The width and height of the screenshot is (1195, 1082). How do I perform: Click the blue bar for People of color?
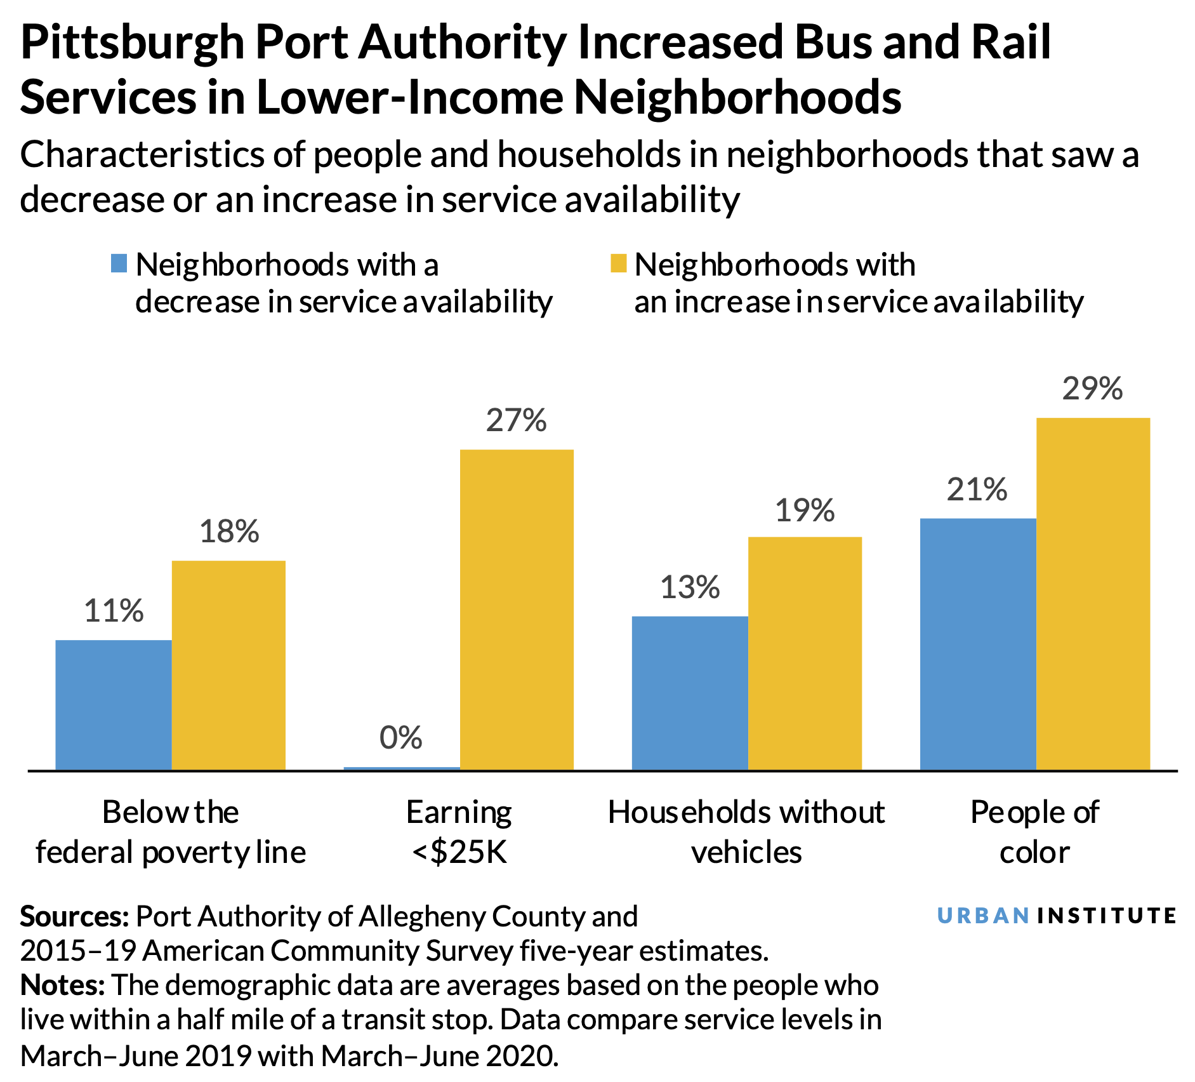click(977, 644)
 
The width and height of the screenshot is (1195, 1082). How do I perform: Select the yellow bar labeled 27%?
click(517, 610)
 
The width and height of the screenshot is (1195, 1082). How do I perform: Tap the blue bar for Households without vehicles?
click(690, 693)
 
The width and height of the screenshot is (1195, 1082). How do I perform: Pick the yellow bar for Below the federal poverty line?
click(228, 665)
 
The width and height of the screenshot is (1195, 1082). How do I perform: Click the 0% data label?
click(401, 738)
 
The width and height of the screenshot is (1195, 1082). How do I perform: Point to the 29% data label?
click(1092, 389)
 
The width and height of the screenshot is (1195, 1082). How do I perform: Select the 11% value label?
click(114, 611)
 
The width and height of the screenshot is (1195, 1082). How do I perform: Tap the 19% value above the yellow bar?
click(805, 511)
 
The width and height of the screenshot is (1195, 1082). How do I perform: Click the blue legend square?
click(119, 264)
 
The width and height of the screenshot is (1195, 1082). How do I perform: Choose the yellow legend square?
click(618, 264)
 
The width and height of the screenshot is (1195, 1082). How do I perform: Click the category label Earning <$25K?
click(459, 832)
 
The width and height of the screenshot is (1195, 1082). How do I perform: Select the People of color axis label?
click(1034, 832)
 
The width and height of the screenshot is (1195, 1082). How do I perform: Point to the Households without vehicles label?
click(746, 832)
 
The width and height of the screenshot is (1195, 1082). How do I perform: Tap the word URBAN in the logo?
click(983, 916)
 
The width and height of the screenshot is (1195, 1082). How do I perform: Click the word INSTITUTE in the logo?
click(1107, 916)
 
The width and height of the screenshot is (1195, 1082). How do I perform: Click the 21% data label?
click(977, 490)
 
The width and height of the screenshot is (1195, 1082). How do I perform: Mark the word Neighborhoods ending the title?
click(738, 98)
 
